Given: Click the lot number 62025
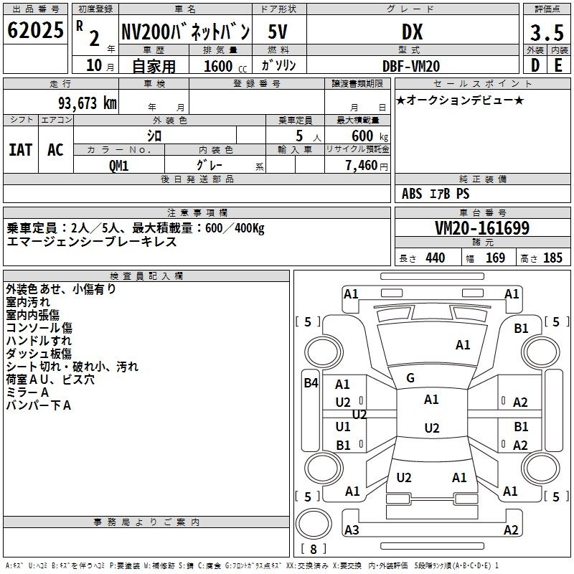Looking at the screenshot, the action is tap(35, 30).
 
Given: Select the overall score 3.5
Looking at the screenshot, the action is tap(547, 32).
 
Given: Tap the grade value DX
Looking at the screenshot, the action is tap(412, 32).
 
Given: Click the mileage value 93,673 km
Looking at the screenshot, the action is tap(87, 103).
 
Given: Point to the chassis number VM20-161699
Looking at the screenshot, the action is tap(482, 228).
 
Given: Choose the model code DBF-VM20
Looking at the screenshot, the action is tap(411, 66).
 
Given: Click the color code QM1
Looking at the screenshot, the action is tap(118, 166).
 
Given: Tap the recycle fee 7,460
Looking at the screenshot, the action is tap(362, 166).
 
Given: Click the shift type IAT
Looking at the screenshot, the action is tap(21, 150).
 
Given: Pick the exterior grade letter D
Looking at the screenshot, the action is tap(535, 65).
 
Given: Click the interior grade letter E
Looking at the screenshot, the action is tap(558, 65).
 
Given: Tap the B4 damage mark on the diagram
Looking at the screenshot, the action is tap(311, 383).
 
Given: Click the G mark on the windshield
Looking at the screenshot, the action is tap(410, 378).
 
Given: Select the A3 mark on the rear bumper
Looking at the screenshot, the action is tap(352, 530).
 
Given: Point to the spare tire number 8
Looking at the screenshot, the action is tap(314, 549).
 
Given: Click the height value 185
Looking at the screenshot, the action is tap(552, 258).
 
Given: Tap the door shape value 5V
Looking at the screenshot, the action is tap(278, 32).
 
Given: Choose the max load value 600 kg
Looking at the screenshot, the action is tap(370, 136).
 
